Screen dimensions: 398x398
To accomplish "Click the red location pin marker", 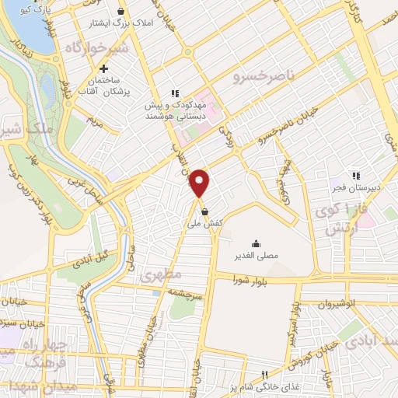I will [201, 183].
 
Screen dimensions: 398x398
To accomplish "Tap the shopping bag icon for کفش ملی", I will [204, 211].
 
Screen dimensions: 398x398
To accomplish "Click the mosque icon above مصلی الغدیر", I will [257, 243].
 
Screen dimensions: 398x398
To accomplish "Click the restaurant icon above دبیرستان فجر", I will [355, 175].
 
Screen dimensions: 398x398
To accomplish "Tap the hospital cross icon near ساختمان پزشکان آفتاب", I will [104, 69].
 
